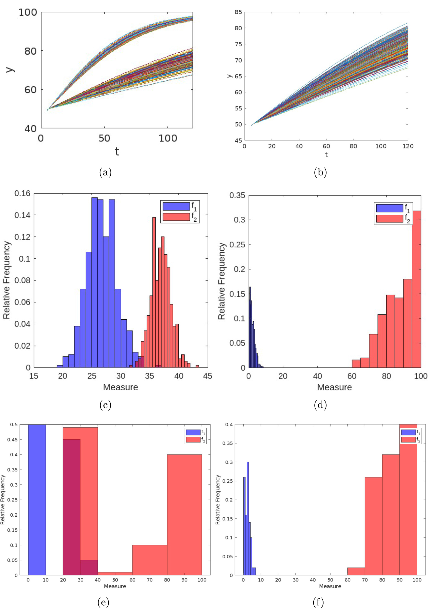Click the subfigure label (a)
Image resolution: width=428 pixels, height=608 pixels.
[105, 173]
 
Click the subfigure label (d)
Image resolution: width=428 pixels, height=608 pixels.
[320, 405]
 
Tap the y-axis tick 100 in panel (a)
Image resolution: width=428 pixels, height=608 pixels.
[28, 12]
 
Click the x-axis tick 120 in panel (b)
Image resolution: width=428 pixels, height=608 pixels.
[408, 146]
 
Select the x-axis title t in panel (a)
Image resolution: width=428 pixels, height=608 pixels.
[117, 152]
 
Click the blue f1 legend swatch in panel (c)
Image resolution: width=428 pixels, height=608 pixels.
[176, 206]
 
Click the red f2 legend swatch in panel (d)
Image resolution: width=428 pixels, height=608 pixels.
[389, 218]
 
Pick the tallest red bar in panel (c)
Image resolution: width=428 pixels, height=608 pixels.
[154, 291]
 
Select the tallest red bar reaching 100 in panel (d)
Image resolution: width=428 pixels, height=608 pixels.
[416, 289]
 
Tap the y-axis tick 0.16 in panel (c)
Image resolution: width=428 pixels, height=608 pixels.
[22, 194]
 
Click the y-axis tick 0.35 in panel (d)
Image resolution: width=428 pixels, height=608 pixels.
[237, 196]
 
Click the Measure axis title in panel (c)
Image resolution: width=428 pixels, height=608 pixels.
[120, 387]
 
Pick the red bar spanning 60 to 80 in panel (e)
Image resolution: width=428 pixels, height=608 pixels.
[150, 560]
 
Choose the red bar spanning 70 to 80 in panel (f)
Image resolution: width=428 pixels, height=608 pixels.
[373, 526]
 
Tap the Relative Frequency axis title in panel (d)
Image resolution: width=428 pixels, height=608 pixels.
[222, 281]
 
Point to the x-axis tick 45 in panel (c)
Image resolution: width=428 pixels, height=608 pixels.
[207, 376]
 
